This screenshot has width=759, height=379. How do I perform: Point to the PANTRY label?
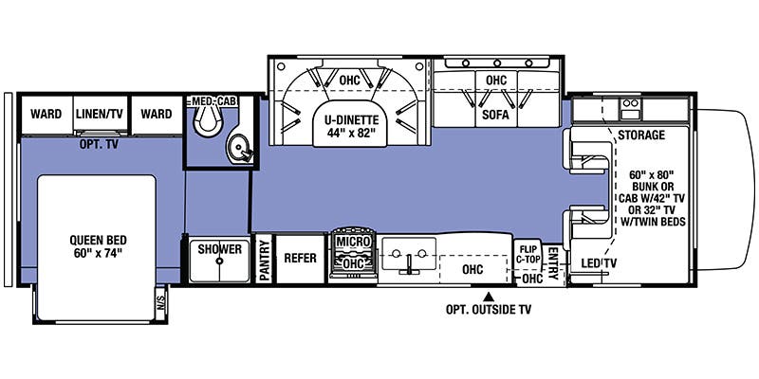point(265,258)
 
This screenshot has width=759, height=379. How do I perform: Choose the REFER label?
point(300,257)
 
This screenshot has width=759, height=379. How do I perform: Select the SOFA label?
point(495,115)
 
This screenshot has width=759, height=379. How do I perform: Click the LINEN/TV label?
point(102,114)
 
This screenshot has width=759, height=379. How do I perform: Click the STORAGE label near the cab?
point(641,135)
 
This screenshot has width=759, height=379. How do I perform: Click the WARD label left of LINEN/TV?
point(46,114)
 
